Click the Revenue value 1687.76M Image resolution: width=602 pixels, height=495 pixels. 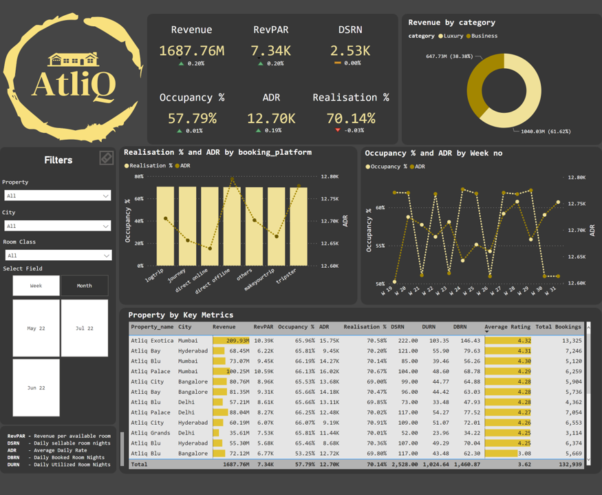[191, 50]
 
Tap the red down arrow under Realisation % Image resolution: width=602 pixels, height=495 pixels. [338, 130]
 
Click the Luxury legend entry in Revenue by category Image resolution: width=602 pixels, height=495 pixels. [451, 36]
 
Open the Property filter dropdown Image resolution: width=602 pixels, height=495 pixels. [58, 196]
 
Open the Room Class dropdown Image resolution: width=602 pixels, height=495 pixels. [58, 255]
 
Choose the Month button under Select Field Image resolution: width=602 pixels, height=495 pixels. [84, 286]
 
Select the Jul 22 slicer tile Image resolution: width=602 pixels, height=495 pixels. [84, 328]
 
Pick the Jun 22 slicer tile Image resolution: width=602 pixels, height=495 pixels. [36, 388]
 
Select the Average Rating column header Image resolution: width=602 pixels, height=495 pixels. [507, 327]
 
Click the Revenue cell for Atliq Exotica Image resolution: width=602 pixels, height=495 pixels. [231, 340]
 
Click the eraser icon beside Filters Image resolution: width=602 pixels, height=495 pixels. [106, 158]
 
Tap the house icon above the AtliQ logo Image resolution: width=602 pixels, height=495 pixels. [74, 60]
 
